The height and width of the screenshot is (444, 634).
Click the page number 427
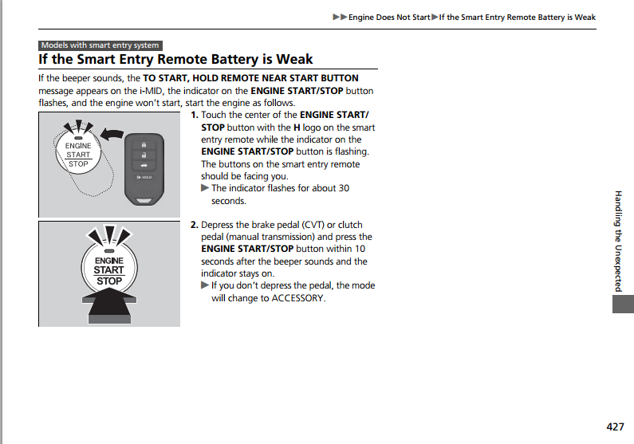tap(615, 426)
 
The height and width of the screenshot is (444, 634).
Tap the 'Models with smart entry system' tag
tap(100, 45)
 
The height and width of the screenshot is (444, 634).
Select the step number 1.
tap(195, 116)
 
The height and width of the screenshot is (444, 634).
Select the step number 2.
tap(195, 225)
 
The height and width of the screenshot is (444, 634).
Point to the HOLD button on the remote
tap(145, 177)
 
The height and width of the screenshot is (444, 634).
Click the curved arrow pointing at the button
tap(114, 135)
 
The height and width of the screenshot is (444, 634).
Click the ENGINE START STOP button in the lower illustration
tap(109, 270)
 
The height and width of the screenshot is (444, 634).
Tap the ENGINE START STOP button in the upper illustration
tap(77, 155)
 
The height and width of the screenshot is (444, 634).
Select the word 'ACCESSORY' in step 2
tap(299, 298)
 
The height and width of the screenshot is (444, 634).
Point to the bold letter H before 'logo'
tap(297, 128)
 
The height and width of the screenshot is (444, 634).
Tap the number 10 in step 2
tap(360, 249)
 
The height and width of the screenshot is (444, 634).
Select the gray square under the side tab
tap(621, 305)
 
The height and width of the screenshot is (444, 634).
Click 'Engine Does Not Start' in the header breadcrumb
tap(389, 18)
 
